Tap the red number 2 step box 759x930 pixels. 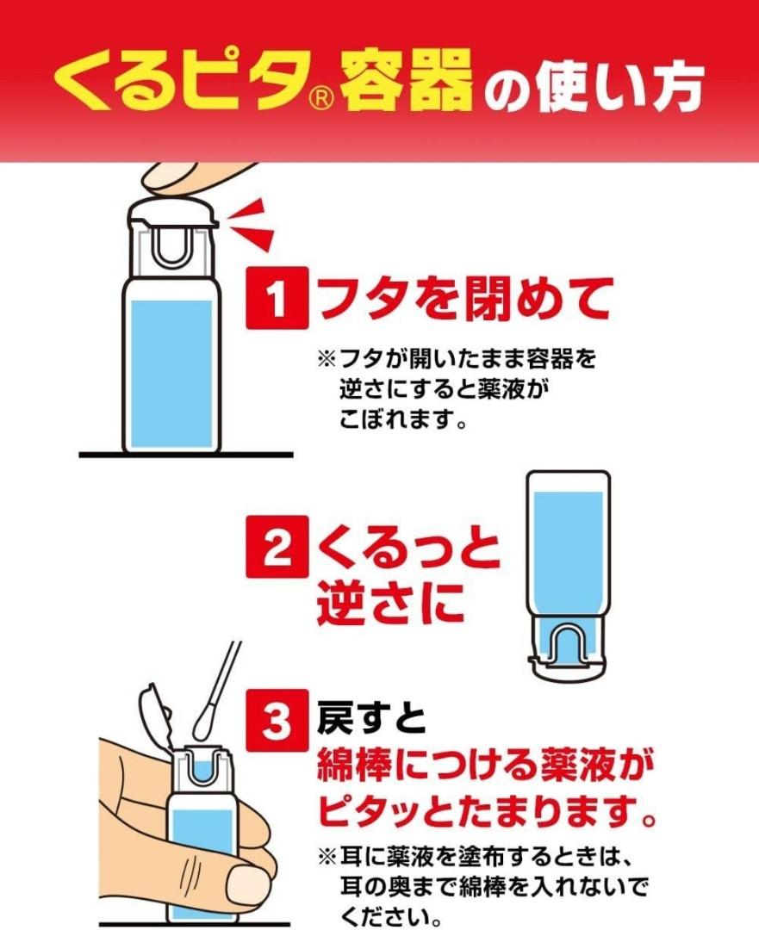pos(277,546)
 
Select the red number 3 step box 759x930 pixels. pos(277,721)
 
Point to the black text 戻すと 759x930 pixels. pos(371,718)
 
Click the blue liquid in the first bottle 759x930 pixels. pos(171,374)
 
